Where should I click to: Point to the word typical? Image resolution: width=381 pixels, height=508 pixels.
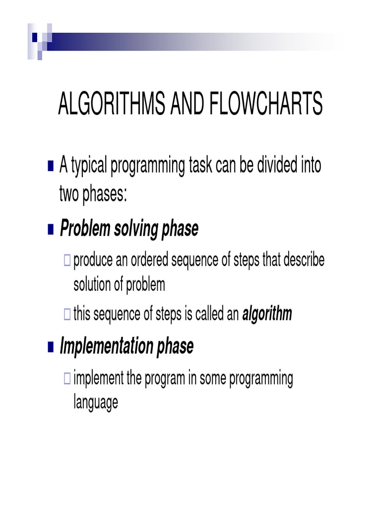88,165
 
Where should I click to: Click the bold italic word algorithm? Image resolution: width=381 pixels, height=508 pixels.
267,314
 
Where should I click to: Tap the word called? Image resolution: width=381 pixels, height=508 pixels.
210,314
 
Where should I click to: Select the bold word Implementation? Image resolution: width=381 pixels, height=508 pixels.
107,347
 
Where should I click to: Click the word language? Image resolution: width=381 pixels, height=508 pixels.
96,402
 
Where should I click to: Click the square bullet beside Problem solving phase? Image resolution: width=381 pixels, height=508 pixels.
51,230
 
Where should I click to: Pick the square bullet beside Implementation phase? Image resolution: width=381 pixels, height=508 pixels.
51,347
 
